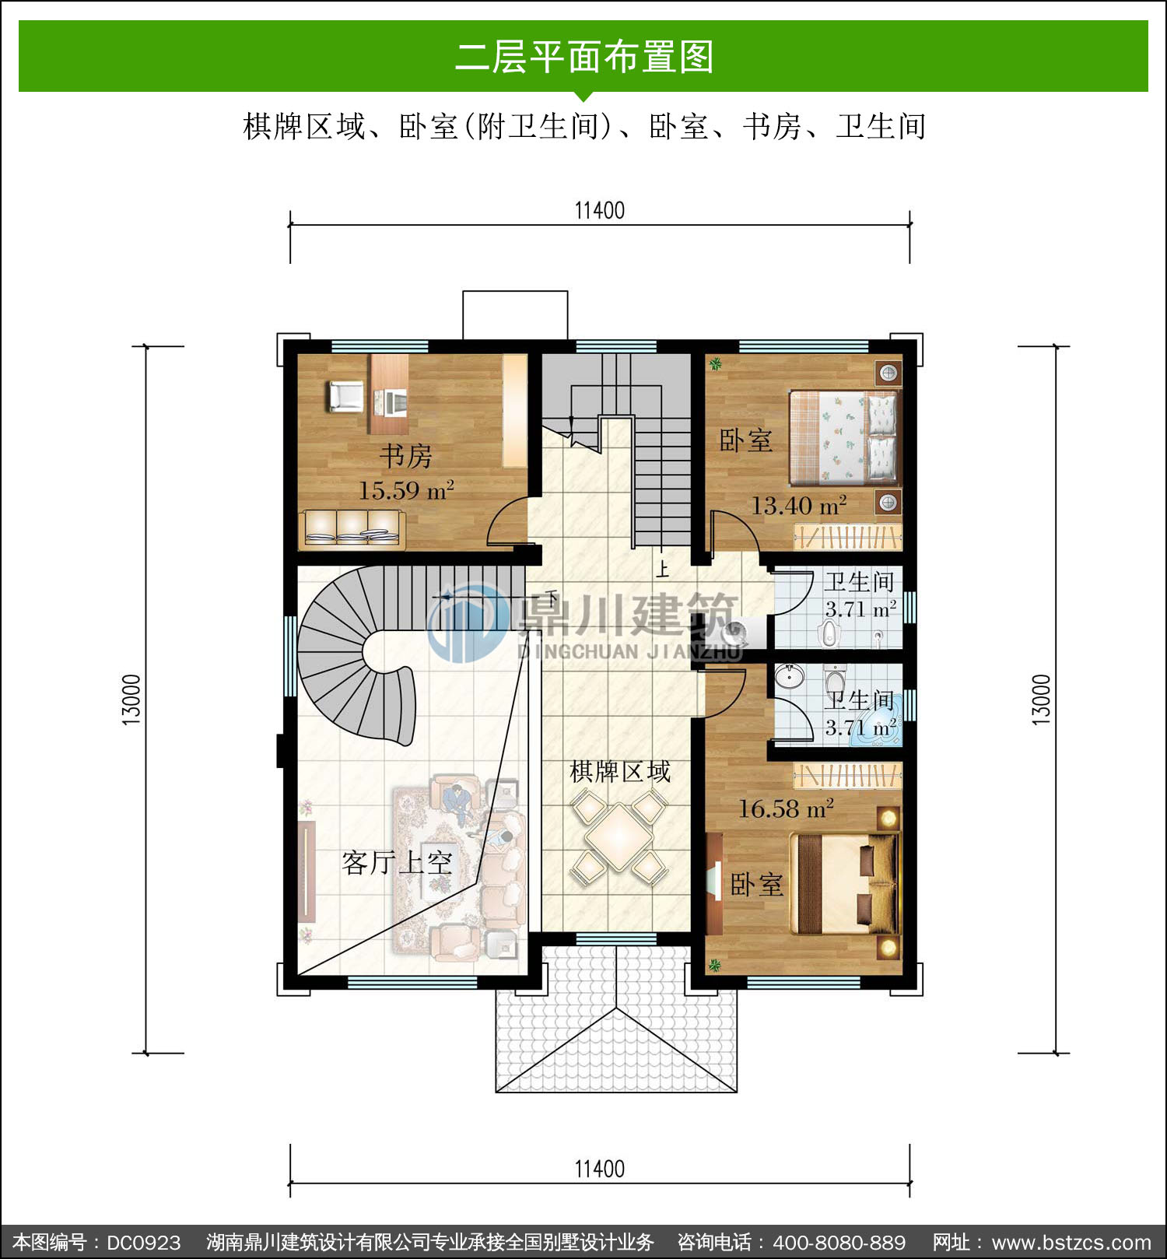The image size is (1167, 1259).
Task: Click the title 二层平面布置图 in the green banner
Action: coord(583,57)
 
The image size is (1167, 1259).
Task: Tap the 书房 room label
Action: coord(405,455)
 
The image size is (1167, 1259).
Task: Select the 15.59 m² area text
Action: coord(405,490)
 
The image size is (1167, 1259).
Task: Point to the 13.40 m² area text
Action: coord(798,506)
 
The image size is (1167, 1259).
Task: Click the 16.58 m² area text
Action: coord(786,808)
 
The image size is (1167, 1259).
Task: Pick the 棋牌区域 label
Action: coord(620,771)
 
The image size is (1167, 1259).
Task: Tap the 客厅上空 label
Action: coord(397,862)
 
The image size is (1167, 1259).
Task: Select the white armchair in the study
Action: coord(345,395)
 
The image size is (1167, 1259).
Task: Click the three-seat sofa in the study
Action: coord(352,527)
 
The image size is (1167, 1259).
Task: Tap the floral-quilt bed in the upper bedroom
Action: coord(844,438)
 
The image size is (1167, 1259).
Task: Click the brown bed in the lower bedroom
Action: coord(845,883)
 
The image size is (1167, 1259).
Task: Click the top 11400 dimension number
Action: coord(599,211)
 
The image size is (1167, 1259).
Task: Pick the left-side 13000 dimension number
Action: coord(131,700)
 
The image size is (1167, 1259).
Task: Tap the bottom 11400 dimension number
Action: coord(599,1169)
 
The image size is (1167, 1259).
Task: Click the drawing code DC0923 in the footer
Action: coord(143,1243)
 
